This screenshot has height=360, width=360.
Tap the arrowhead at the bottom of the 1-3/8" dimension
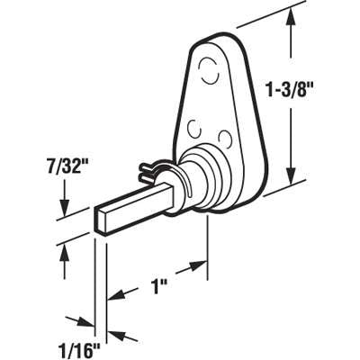[290, 180]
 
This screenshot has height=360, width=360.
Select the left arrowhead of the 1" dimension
[113, 293]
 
